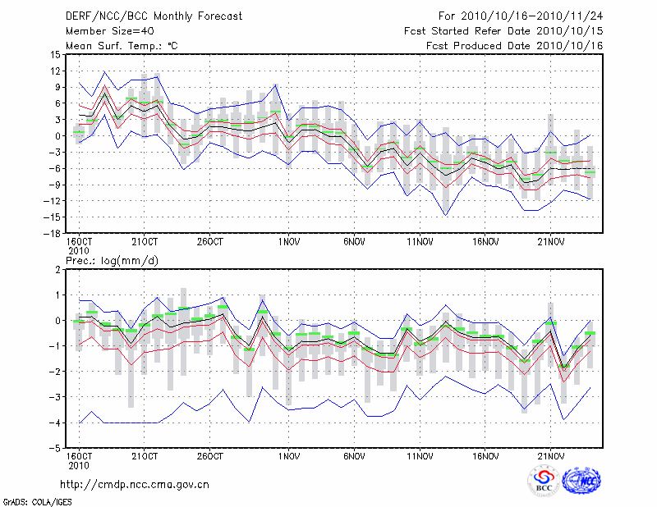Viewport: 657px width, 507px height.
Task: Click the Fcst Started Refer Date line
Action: [503, 30]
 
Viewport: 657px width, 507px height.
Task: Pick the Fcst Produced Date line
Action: [514, 45]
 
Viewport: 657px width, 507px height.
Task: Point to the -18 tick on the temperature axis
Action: [51, 233]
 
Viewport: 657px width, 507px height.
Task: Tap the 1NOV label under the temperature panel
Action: [288, 242]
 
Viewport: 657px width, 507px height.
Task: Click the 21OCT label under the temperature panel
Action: [145, 242]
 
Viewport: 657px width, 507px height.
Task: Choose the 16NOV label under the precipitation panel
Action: [485, 457]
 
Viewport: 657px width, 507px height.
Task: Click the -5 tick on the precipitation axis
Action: [54, 448]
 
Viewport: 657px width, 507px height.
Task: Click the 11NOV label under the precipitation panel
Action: [420, 457]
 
